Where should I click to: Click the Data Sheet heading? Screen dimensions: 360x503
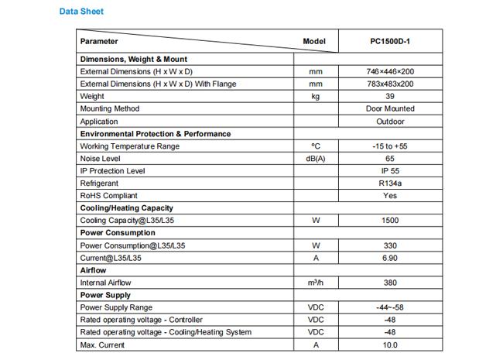coord(81,12)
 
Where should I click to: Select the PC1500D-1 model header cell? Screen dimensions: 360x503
coord(390,41)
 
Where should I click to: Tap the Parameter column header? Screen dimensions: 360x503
coord(99,41)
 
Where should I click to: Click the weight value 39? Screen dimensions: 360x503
coord(390,97)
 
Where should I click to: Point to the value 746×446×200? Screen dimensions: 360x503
coord(390,71)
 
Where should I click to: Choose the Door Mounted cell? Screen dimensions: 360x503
coord(390,109)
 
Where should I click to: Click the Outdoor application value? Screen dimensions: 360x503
coord(390,122)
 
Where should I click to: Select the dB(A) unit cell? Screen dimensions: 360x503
coord(315,159)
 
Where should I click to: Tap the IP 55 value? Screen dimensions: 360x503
coord(390,171)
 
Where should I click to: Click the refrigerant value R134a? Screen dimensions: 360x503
coord(390,183)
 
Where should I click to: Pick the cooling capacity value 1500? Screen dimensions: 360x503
coord(390,221)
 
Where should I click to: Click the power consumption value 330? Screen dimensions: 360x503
coord(390,245)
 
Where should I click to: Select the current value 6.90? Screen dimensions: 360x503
coord(390,258)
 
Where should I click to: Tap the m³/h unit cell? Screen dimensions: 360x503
coord(315,283)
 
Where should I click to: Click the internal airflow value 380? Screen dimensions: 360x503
coord(390,283)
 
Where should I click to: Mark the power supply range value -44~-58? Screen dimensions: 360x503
coord(390,307)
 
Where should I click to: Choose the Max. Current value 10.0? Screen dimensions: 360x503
coord(390,345)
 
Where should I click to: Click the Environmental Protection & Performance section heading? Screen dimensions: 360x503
coord(156,134)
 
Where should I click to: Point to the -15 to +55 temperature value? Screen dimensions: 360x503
coord(390,146)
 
